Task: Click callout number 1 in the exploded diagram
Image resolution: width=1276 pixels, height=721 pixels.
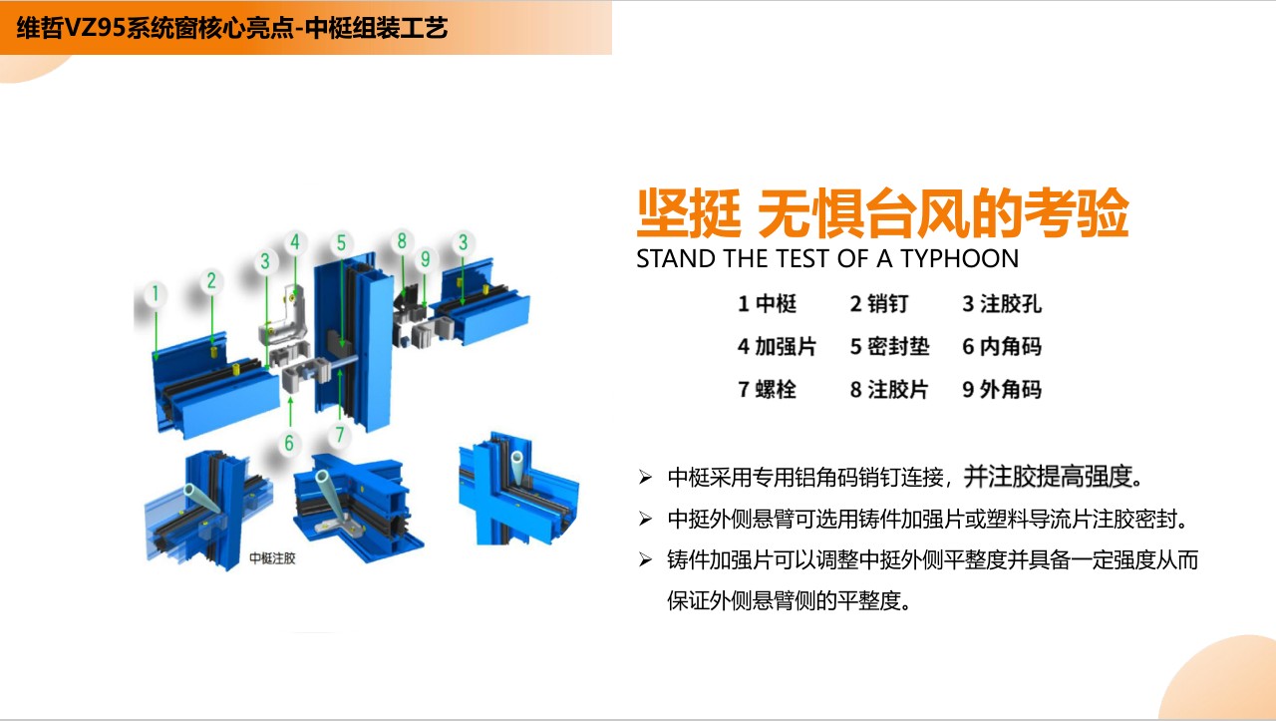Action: pyautogui.click(x=155, y=294)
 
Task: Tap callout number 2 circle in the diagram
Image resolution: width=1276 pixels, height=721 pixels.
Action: pyautogui.click(x=211, y=280)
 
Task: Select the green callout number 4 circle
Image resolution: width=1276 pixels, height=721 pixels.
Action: pyautogui.click(x=295, y=241)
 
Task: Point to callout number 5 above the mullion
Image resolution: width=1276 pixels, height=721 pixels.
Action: pyautogui.click(x=341, y=242)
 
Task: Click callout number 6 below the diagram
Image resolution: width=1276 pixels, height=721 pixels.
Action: pyautogui.click(x=289, y=443)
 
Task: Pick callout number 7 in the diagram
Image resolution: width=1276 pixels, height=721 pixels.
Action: pyautogui.click(x=340, y=435)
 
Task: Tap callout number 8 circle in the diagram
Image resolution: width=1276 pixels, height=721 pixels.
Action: pyautogui.click(x=402, y=241)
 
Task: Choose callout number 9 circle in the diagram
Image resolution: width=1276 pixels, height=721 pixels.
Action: pyautogui.click(x=425, y=259)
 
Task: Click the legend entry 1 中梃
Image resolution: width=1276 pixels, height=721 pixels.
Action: pyautogui.click(x=767, y=304)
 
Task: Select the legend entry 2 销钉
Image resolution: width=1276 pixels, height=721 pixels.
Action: pyautogui.click(x=879, y=304)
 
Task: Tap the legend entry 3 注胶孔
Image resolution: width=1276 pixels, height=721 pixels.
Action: pyautogui.click(x=1002, y=304)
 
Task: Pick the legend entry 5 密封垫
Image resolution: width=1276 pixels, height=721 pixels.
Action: pyautogui.click(x=890, y=346)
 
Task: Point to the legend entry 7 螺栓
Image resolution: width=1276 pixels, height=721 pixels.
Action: pyautogui.click(x=767, y=389)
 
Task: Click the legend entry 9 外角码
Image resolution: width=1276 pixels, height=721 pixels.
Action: pyautogui.click(x=1002, y=389)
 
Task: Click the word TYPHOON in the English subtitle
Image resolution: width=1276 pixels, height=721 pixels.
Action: pyautogui.click(x=960, y=258)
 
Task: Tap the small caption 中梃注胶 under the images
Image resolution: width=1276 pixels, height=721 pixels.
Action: pyautogui.click(x=272, y=558)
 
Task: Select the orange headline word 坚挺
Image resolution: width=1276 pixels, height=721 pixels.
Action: pyautogui.click(x=689, y=213)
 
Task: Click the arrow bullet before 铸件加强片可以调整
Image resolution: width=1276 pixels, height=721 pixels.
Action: pyautogui.click(x=645, y=559)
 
